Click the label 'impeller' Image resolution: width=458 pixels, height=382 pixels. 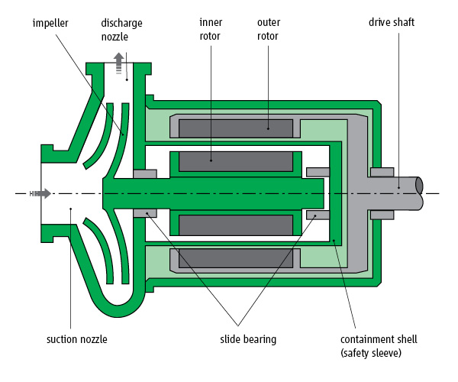coord(49,22)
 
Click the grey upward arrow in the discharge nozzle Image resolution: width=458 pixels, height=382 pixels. coord(118,63)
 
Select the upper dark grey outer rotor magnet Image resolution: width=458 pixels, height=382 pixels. coord(235,127)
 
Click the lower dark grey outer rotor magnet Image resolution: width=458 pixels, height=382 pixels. coord(235,260)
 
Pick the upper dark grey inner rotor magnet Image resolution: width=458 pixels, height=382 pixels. coord(235,161)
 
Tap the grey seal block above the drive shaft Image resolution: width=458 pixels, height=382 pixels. coord(382,172)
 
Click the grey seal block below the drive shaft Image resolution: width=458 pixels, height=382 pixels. coord(382,215)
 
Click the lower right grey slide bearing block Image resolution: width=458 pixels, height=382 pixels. coord(314,215)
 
